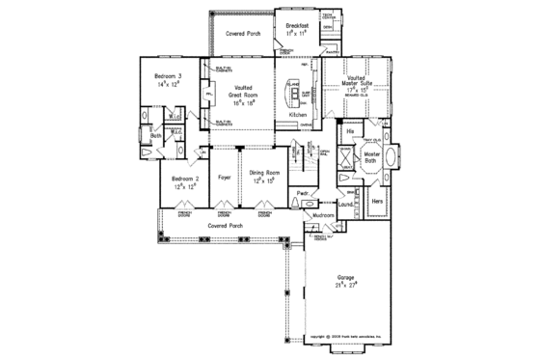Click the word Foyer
coord(225,178)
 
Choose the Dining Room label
coord(264,177)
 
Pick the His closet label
coord(350,128)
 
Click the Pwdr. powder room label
coord(302,194)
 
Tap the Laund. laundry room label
coord(344,204)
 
